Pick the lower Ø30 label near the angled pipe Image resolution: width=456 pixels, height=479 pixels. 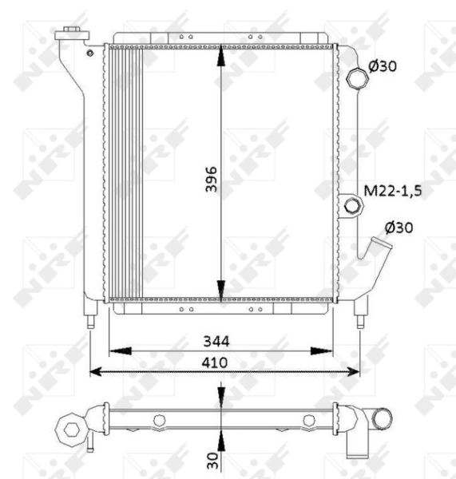[397, 227]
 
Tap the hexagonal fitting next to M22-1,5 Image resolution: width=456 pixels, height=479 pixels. [351, 206]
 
